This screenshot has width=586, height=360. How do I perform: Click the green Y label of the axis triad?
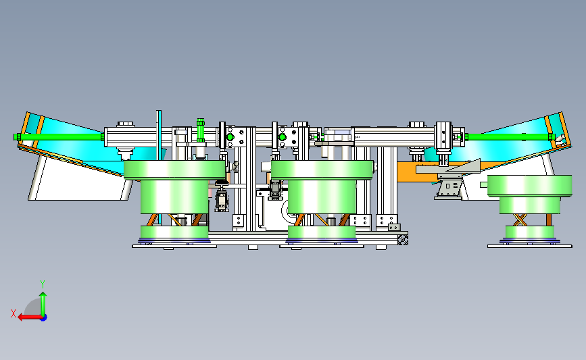[x=43, y=284]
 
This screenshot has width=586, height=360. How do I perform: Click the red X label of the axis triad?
[x=14, y=313]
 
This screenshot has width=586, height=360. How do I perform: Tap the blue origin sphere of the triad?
[x=43, y=317]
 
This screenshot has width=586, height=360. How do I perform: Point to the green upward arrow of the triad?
[x=43, y=304]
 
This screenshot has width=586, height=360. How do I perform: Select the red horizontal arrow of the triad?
[x=30, y=317]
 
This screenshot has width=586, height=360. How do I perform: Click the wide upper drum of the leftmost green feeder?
[x=174, y=170]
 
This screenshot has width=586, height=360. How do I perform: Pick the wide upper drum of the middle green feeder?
[x=322, y=170]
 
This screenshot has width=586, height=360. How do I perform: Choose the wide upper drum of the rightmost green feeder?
[x=530, y=186]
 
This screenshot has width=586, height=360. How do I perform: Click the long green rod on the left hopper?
[x=59, y=137]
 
